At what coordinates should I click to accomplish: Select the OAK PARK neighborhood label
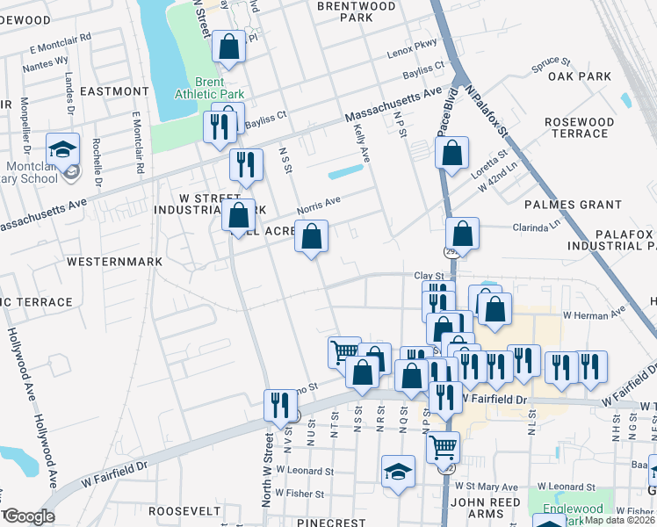[579, 76]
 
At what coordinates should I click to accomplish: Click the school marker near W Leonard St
[399, 471]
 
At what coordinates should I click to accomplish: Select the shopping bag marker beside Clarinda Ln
[461, 235]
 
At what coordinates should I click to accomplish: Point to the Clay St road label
[430, 276]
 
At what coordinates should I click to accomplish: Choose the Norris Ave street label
[318, 205]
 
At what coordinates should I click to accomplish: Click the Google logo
[29, 516]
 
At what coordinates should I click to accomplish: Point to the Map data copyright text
[620, 520]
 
